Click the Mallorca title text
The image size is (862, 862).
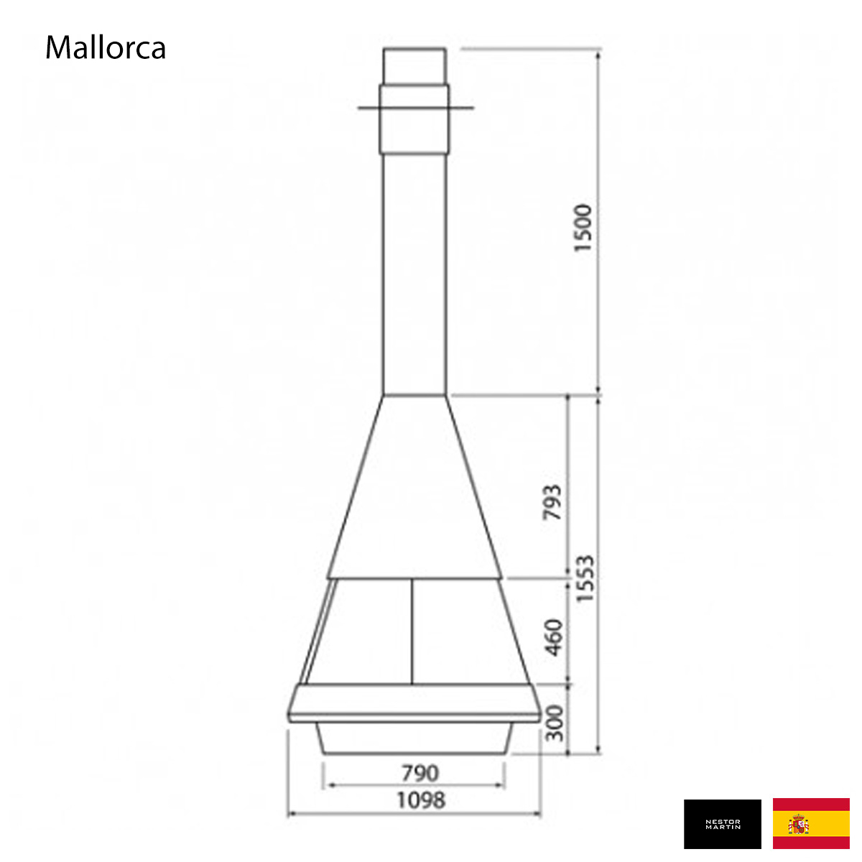[x=106, y=47]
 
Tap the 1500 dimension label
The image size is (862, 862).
[x=583, y=228]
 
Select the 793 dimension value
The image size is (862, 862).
[x=552, y=502]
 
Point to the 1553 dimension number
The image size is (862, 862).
[x=585, y=579]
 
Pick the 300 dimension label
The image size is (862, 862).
[x=555, y=723]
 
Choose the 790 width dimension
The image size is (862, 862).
[x=420, y=774]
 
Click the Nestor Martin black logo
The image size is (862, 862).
[x=723, y=824]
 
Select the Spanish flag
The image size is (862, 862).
[x=811, y=823]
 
